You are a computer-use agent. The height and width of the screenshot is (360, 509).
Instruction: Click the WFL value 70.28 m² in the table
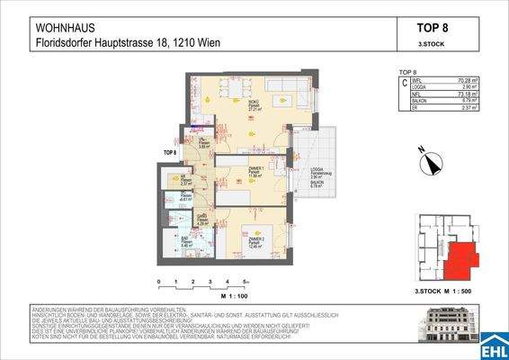click(x=467, y=82)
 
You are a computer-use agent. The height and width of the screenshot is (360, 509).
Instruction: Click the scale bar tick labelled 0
click(x=159, y=282)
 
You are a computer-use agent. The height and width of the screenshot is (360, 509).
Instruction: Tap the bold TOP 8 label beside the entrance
click(x=168, y=153)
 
